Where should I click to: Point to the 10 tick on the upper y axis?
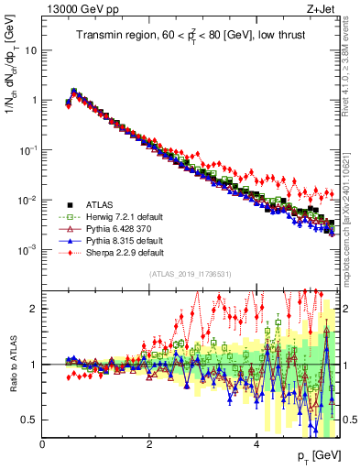(31, 50)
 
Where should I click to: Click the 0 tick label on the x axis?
(42, 444)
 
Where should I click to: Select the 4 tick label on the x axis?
(256, 444)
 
